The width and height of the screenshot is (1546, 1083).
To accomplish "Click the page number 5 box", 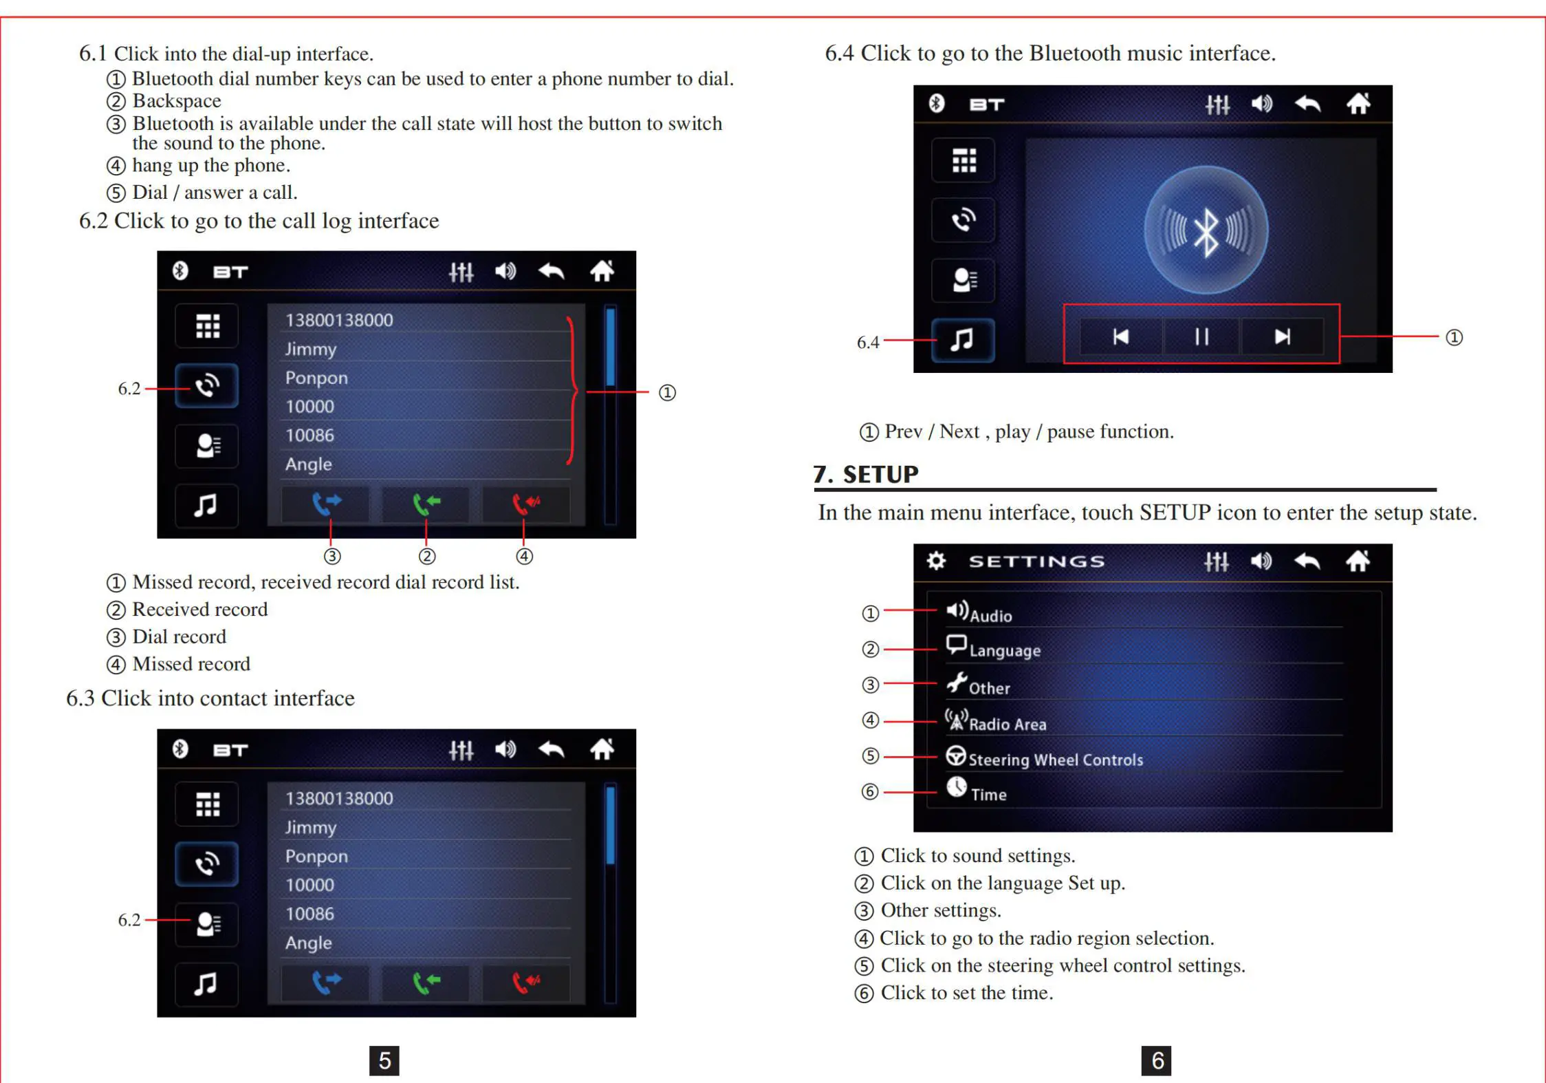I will pyautogui.click(x=384, y=1060).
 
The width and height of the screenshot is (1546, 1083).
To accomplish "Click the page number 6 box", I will pyautogui.click(x=1156, y=1060).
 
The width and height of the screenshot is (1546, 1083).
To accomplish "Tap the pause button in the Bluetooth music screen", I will pyautogui.click(x=1201, y=336).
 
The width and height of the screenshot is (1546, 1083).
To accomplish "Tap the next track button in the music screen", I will pyautogui.click(x=1282, y=336).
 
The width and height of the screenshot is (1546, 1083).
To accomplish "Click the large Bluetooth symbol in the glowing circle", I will pyautogui.click(x=1206, y=230).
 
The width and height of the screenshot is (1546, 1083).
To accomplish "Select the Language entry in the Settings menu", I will pyautogui.click(x=1004, y=650).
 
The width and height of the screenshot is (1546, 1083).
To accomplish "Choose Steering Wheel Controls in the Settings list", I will pyautogui.click(x=1055, y=759).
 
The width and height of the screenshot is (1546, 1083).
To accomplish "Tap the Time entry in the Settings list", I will pyautogui.click(x=988, y=794).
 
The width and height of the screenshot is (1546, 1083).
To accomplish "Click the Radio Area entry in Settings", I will pyautogui.click(x=1007, y=723).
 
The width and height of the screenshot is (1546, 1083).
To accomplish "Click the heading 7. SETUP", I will pyautogui.click(x=866, y=474).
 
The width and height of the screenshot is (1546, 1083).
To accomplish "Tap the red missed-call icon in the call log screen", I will pyautogui.click(x=526, y=504).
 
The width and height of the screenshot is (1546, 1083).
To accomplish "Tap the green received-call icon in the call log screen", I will pyautogui.click(x=426, y=504).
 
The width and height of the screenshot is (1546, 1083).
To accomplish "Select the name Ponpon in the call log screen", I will pyautogui.click(x=316, y=378).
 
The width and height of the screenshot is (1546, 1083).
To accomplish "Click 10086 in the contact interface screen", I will pyautogui.click(x=309, y=914).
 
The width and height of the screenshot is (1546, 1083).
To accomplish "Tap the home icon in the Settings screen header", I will pyautogui.click(x=1358, y=561).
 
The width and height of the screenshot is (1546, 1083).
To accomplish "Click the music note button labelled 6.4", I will pyautogui.click(x=962, y=339).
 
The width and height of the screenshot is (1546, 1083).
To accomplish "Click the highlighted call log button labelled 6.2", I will pyautogui.click(x=206, y=386).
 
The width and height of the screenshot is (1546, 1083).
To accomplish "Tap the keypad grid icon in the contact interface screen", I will pyautogui.click(x=207, y=804).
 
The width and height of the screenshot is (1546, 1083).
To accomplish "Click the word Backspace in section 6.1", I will pyautogui.click(x=177, y=101).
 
